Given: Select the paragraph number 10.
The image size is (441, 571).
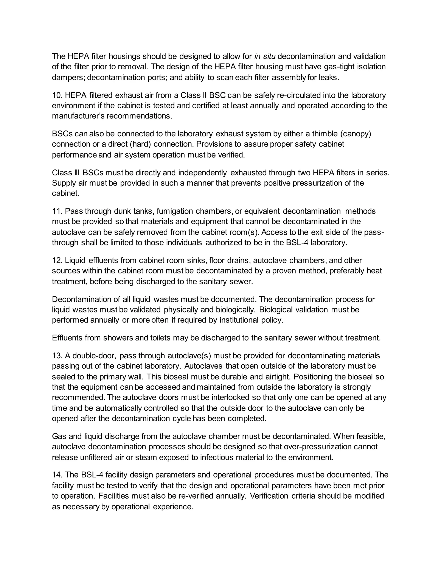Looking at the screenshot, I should click(56, 95).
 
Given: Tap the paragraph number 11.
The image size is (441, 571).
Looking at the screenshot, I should click(56, 211).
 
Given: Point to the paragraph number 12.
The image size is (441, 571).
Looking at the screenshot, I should click(56, 261).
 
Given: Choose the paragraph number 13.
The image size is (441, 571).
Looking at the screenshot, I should click(56, 356).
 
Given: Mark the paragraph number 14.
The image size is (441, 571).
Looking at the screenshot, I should click(56, 474).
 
